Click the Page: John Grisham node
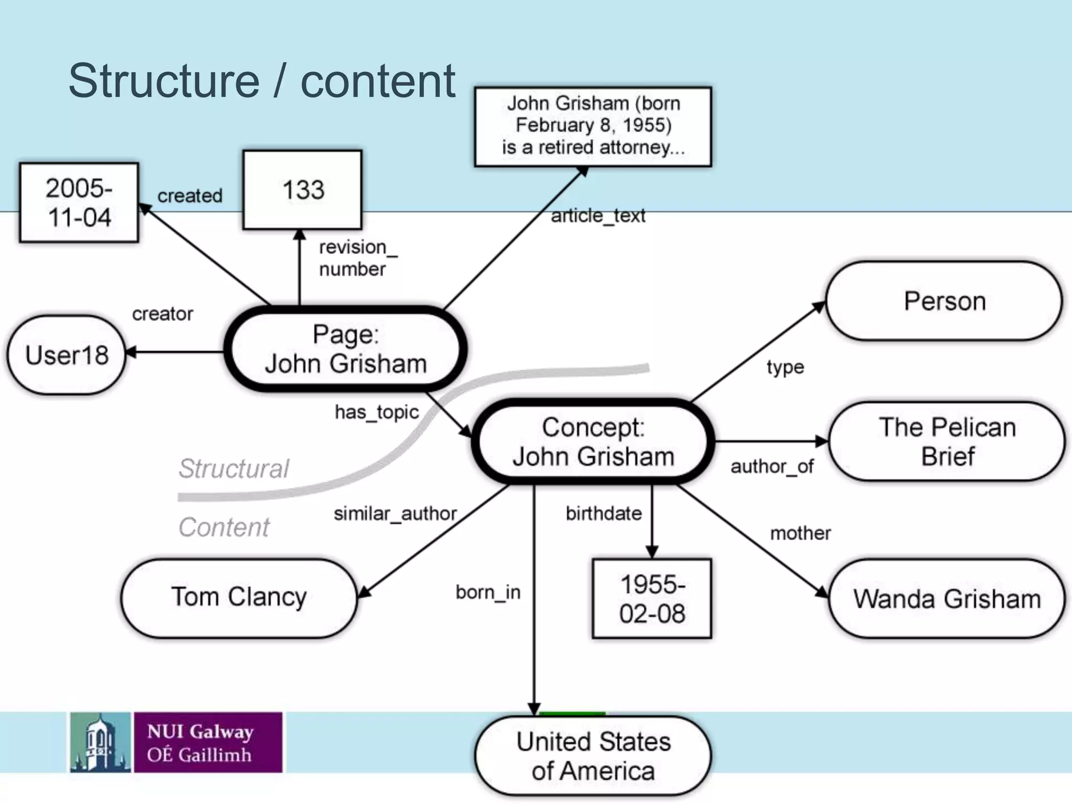(x=345, y=349)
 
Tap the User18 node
(x=66, y=355)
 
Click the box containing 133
(x=303, y=190)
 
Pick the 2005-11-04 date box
(x=79, y=203)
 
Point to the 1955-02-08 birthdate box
(x=652, y=599)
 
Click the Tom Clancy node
(x=239, y=597)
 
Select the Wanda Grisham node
(x=946, y=599)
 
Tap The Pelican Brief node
(x=946, y=442)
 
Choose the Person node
(x=944, y=301)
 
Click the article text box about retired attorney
(x=593, y=126)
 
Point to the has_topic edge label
(x=376, y=412)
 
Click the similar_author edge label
(x=395, y=513)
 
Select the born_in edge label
(x=488, y=593)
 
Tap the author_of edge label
(x=772, y=466)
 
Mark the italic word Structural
(x=233, y=468)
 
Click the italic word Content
(x=224, y=527)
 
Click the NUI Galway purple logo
(x=208, y=742)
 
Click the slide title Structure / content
(x=262, y=81)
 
